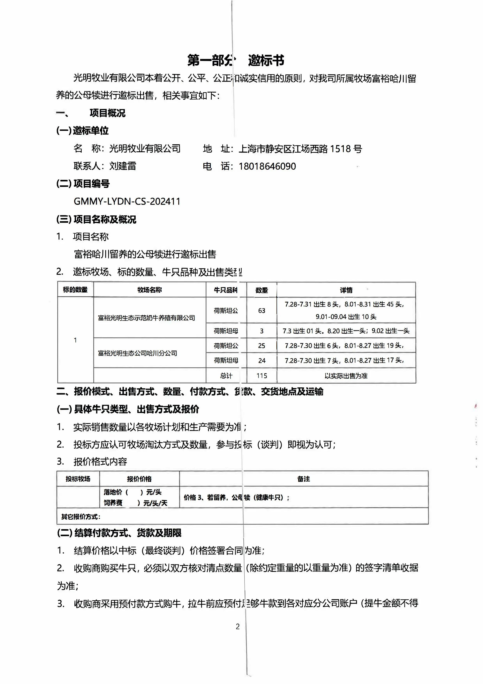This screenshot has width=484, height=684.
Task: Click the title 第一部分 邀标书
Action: tap(235, 60)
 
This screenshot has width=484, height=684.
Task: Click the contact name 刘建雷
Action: tap(123, 166)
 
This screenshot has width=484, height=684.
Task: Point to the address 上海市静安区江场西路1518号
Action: tap(300, 149)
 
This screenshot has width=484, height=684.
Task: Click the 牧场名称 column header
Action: tap(150, 290)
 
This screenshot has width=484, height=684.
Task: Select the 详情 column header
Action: tap(346, 290)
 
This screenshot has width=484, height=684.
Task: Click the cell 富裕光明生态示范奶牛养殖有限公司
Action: tap(146, 318)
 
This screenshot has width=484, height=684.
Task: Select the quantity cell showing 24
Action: tap(262, 361)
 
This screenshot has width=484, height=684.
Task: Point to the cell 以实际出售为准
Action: tap(346, 376)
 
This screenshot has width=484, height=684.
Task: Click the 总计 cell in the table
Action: tap(226, 376)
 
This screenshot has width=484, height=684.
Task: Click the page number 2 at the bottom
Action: tap(238, 626)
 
